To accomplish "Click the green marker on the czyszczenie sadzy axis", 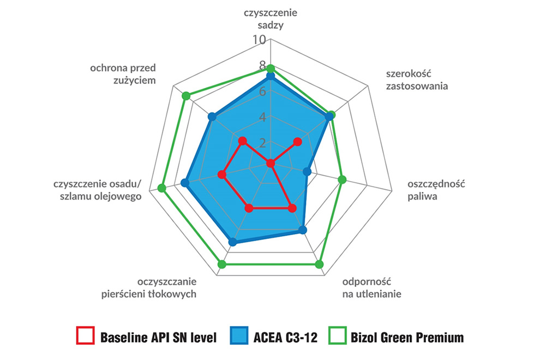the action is (271, 68).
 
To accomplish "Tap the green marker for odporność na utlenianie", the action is (320, 265).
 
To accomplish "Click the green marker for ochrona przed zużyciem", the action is (186, 96).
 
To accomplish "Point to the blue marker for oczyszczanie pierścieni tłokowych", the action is (233, 242).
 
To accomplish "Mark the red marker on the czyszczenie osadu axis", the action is (222, 175).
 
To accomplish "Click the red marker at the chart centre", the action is (271, 163).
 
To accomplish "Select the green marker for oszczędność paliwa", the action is (342, 179).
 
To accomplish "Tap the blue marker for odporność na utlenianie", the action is (303, 230).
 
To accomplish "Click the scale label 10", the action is (259, 40).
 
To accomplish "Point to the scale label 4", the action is (263, 117).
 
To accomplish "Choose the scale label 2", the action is (263, 142).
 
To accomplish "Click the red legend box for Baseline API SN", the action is (86, 335).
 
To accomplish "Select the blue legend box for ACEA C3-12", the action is (239, 335).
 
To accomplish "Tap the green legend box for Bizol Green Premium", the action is (338, 335).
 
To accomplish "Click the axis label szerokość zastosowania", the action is (417, 80).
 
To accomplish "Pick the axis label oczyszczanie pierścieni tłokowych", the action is (149, 287).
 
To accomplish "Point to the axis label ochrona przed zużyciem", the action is (123, 74).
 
